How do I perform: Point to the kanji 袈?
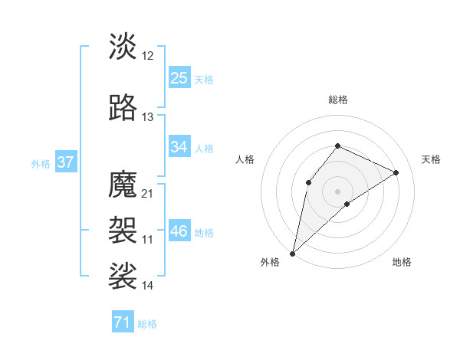coord(123,228)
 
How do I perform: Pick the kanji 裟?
coord(123,274)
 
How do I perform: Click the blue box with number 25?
coord(179,77)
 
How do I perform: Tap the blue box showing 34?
coord(179,147)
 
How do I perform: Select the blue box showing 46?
coord(179,231)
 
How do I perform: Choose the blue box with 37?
coord(65,162)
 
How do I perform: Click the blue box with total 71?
coord(122,322)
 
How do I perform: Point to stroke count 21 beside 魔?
coord(148,193)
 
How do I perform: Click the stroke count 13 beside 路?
coord(148,117)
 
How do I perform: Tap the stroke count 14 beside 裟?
coord(148,286)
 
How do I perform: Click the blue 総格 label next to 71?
coord(147,324)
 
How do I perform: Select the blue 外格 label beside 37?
coord(40,163)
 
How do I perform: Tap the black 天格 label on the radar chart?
coord(431,159)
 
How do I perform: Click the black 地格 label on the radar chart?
coord(402,262)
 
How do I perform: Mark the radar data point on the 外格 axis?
coord(293,253)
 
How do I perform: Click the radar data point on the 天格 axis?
coord(396,172)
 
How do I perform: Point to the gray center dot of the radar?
coord(337,191)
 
